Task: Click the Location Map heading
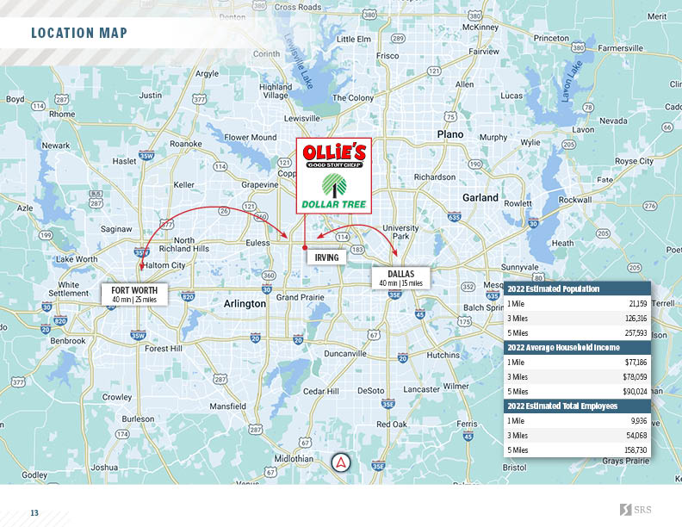click(x=79, y=34)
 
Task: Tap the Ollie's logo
click(x=334, y=156)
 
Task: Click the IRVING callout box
click(x=326, y=257)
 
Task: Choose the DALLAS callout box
click(x=401, y=278)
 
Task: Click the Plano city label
click(x=449, y=134)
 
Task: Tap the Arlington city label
click(x=245, y=304)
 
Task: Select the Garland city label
click(x=480, y=197)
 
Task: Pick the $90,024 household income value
click(x=635, y=391)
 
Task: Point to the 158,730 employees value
click(x=635, y=449)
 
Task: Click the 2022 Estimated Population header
click(x=553, y=288)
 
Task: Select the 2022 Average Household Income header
click(x=563, y=347)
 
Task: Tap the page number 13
click(x=35, y=513)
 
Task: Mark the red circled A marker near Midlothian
click(x=342, y=462)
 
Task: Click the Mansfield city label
click(x=227, y=406)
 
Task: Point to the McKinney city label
click(x=480, y=27)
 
